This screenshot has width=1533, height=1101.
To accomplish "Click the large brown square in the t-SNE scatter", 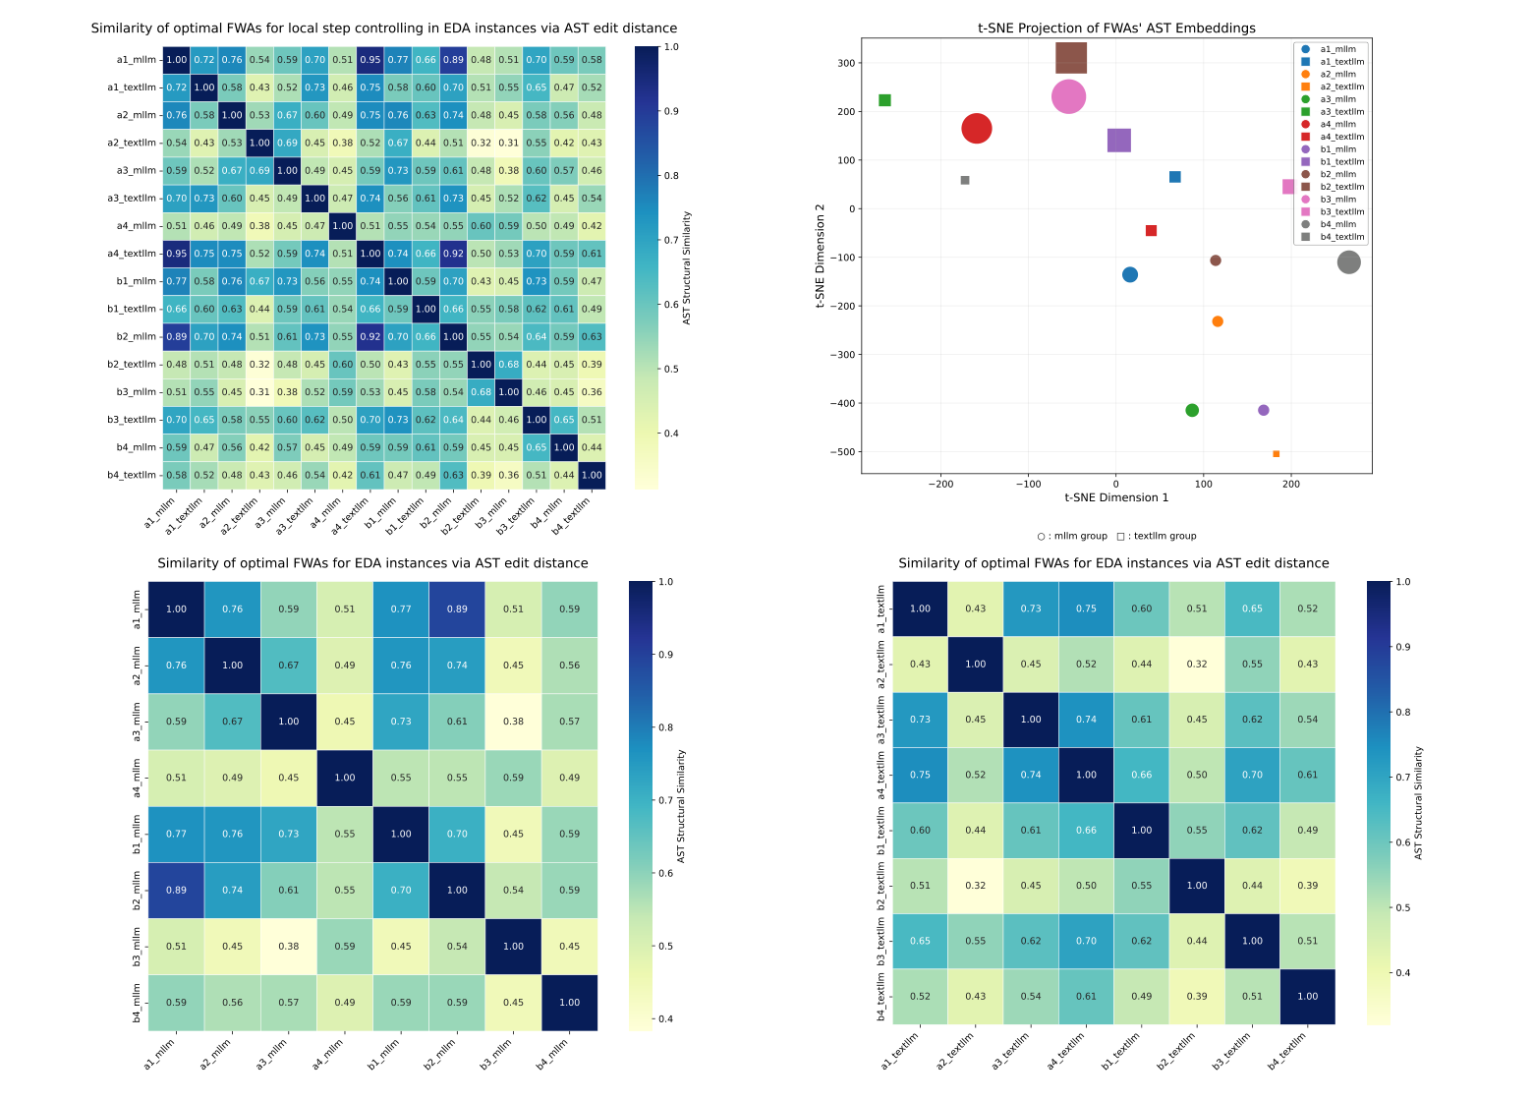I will [x=1071, y=58].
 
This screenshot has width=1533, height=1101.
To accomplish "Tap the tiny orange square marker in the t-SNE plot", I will [x=1276, y=454].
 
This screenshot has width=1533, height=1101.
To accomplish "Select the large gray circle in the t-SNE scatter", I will [x=1348, y=262].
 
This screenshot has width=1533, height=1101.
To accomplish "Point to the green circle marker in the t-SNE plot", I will [x=1192, y=411].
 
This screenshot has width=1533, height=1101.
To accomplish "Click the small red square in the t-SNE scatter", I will [x=1151, y=231].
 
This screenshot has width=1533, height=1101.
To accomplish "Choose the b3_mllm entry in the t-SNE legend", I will [x=1337, y=200].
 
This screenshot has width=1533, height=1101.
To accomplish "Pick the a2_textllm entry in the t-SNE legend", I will [x=1341, y=87].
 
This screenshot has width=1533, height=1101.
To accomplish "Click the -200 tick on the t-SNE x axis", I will [x=940, y=484].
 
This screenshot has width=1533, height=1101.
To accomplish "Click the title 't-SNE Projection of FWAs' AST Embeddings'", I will [x=1116, y=29].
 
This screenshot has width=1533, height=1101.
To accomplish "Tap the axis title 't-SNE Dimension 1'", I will [x=1116, y=497].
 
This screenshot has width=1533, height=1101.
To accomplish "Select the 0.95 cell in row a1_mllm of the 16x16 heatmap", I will [x=370, y=60].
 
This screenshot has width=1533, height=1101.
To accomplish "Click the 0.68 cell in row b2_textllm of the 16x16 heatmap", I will [x=508, y=365].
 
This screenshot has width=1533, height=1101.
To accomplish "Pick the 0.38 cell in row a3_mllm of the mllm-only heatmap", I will [x=513, y=722].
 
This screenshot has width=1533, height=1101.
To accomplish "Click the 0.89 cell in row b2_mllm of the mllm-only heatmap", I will [x=176, y=891].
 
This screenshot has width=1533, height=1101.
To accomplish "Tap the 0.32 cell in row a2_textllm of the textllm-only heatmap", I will [x=1196, y=666].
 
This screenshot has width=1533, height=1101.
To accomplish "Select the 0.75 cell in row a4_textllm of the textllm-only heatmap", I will [x=920, y=776].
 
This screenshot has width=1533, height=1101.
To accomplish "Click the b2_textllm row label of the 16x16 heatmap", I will [x=131, y=365].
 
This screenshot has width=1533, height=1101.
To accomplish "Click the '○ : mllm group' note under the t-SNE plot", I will [x=1072, y=537].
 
